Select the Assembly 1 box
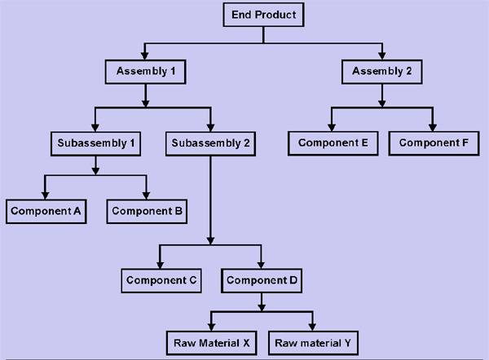coord(145,71)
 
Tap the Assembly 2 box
coord(382,71)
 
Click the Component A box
coord(45,211)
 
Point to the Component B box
coord(148,211)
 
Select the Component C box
coord(161,280)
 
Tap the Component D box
coord(262,280)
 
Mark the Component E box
coord(332,143)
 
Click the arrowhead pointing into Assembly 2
coord(382,55)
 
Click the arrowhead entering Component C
coord(161,264)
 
